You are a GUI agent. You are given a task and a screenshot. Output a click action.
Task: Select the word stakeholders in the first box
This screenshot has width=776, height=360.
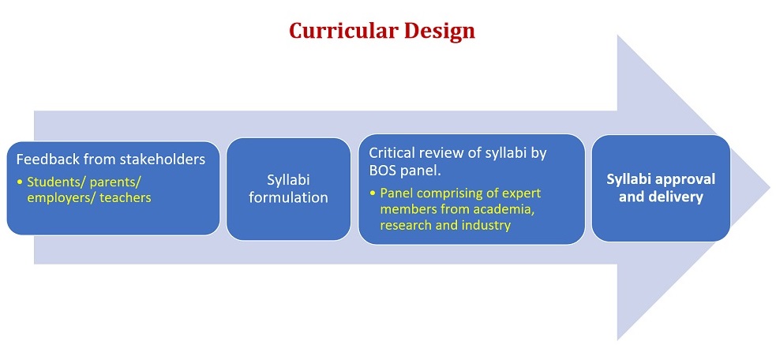coord(162,159)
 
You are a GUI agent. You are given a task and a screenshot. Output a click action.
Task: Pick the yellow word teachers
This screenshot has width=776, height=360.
coord(125,197)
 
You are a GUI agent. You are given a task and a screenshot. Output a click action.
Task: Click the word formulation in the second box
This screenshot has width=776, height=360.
coord(288,197)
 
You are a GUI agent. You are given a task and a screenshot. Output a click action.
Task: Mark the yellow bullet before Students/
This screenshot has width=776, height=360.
coord(20,182)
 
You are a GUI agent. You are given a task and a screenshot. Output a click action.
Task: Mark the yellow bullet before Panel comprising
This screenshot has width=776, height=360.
coord(373,193)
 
